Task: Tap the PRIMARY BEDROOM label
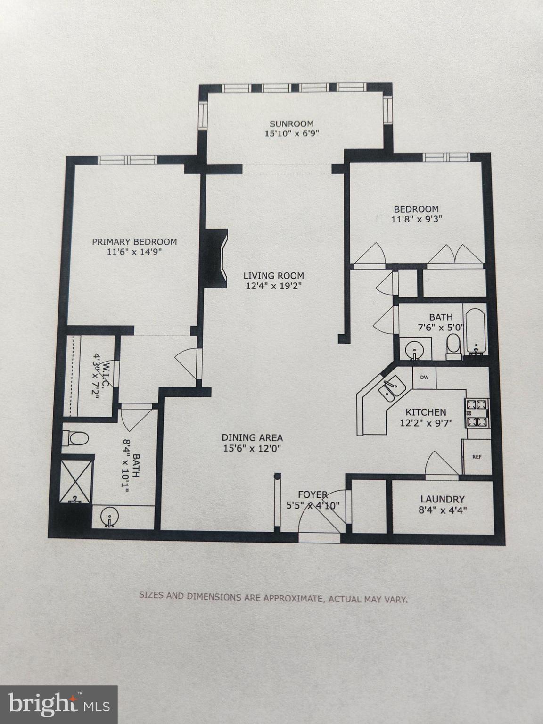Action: (134, 242)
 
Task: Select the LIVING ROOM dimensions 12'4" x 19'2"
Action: (273, 286)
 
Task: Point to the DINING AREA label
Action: (252, 437)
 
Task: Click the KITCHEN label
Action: (426, 412)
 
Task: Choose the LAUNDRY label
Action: (443, 499)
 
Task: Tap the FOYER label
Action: (313, 494)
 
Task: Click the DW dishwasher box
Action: (424, 377)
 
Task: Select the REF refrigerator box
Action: (477, 457)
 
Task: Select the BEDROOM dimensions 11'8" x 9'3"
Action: (416, 219)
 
